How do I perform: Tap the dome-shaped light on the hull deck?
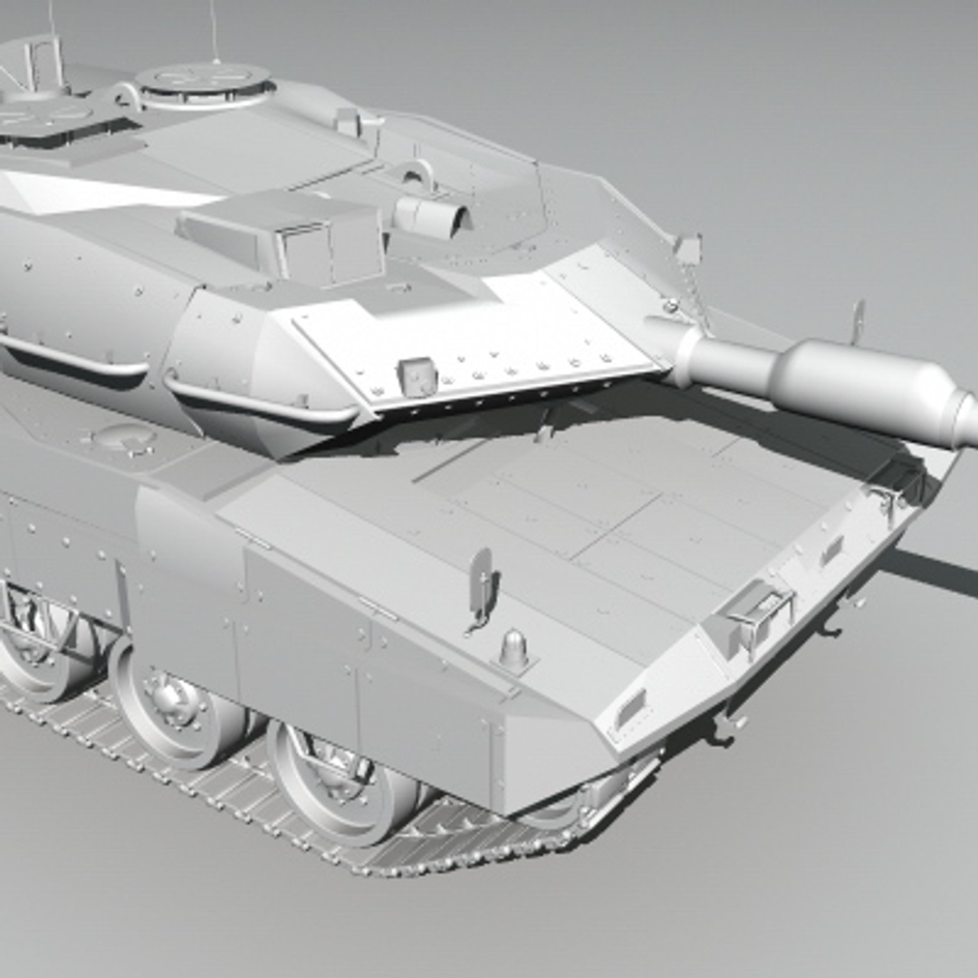coord(514,648)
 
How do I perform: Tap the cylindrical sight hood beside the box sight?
coord(431,216)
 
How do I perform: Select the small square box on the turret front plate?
coord(417,375)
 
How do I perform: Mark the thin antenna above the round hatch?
coord(214,32)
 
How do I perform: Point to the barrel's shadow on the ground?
coord(933,570)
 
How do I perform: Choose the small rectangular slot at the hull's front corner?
coord(630,707)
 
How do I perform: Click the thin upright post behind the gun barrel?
coord(856,321)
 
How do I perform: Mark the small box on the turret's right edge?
coord(687,248)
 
